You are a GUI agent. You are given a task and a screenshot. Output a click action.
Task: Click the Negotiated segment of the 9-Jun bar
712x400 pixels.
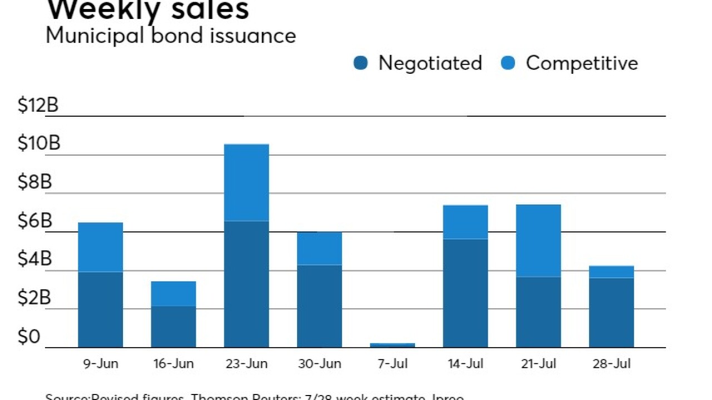[100, 309]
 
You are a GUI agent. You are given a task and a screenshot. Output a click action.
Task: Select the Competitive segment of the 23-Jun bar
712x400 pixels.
[246, 183]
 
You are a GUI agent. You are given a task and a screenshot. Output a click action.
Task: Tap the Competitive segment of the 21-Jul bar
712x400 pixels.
[538, 241]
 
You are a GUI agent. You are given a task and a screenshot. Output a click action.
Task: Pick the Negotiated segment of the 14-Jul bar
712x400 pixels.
[465, 293]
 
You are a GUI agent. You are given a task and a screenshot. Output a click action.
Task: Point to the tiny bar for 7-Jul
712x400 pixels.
[392, 345]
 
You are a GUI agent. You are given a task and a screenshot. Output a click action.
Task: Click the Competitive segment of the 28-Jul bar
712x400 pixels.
[611, 272]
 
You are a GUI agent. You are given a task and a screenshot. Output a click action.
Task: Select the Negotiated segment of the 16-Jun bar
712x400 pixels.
[173, 327]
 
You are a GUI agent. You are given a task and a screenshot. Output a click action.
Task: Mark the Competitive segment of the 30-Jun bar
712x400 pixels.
[319, 248]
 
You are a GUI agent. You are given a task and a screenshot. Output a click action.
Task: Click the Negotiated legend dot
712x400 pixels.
[360, 63]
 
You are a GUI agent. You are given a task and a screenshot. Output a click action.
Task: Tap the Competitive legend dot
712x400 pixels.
[508, 63]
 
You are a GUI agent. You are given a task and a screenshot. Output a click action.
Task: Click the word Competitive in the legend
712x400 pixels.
[582, 63]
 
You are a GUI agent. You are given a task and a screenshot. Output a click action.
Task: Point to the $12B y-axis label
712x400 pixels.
[38, 106]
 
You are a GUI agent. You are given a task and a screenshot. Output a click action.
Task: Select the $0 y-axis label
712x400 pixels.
[30, 337]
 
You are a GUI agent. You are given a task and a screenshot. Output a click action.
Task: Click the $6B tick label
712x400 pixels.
[34, 221]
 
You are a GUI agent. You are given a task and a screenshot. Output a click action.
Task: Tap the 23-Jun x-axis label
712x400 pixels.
[246, 364]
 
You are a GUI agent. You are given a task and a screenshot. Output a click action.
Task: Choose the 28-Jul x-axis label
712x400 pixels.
[611, 364]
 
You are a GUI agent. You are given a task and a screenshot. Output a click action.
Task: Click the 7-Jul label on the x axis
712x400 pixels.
[392, 364]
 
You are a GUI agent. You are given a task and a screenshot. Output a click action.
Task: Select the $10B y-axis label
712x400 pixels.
[38, 144]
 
